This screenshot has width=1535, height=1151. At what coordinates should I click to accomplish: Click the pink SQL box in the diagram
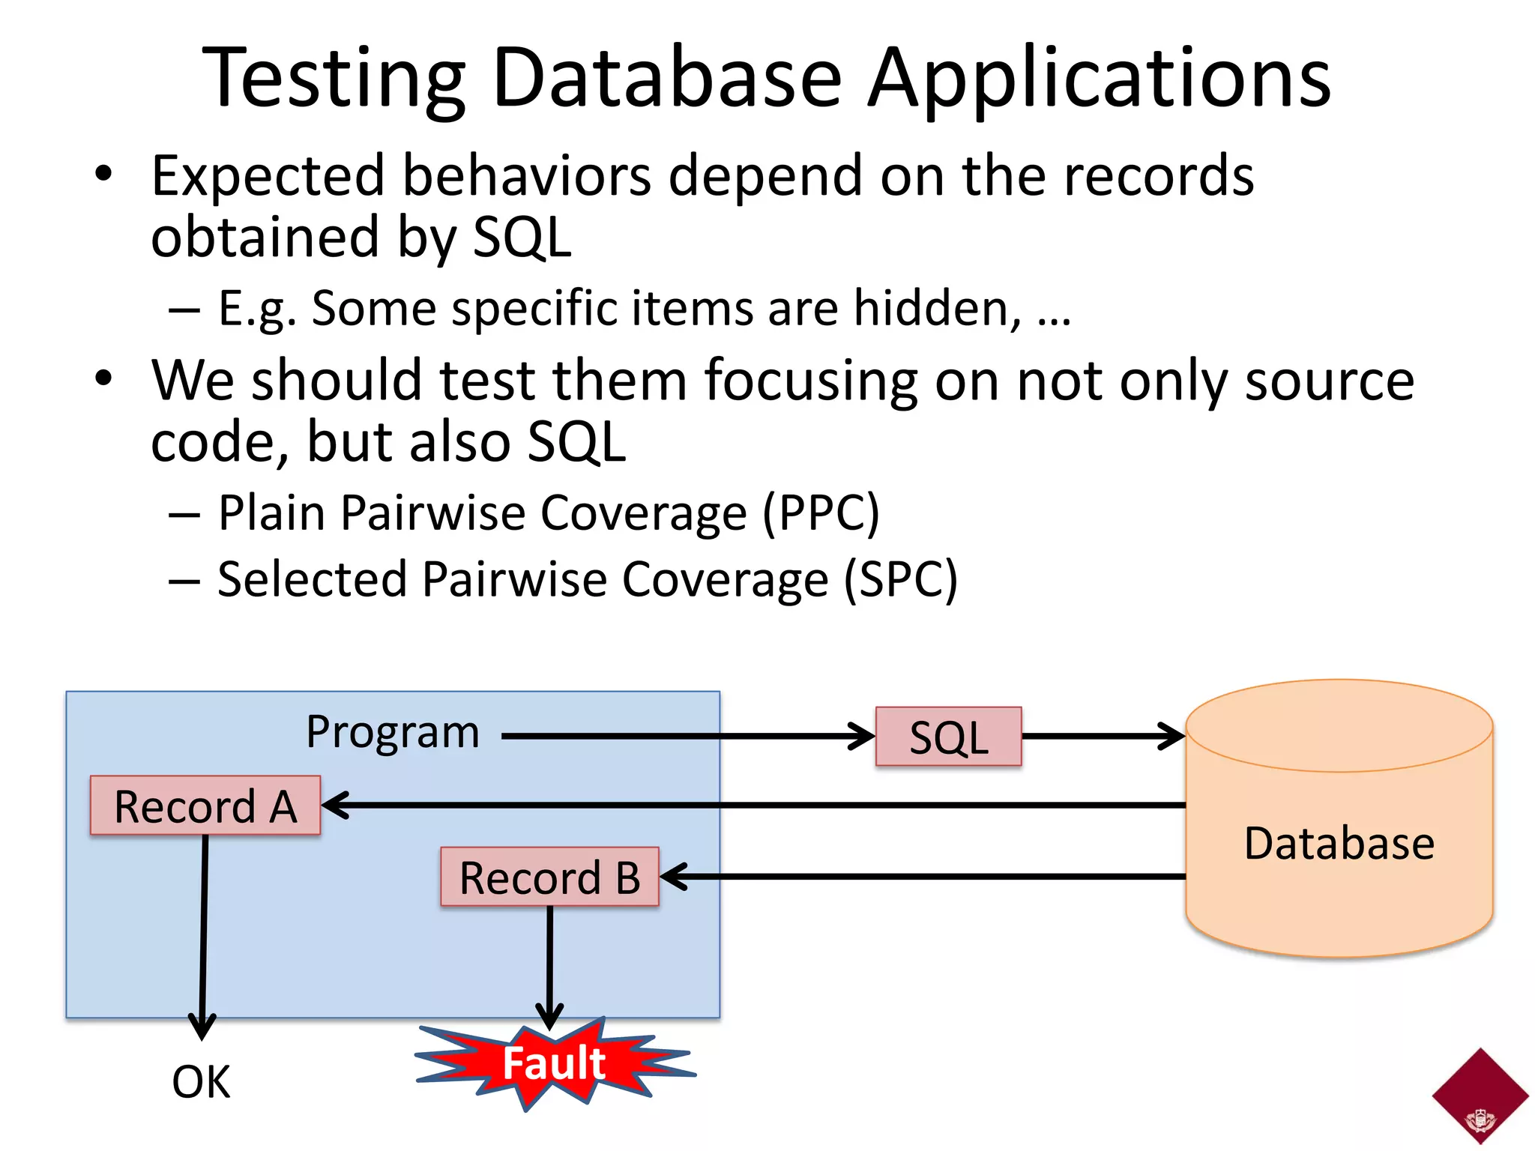pyautogui.click(x=948, y=737)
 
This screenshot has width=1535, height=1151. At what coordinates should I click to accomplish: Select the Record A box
pyautogui.click(x=205, y=806)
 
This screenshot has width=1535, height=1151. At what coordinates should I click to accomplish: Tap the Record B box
pyautogui.click(x=549, y=877)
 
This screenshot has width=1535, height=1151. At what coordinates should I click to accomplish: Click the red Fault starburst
pyautogui.click(x=554, y=1063)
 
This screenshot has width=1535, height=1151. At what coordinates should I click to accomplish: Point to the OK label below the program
pyautogui.click(x=201, y=1082)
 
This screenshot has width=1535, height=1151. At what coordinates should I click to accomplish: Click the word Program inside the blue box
pyautogui.click(x=392, y=732)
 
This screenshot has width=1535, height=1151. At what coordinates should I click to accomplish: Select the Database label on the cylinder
pyautogui.click(x=1339, y=843)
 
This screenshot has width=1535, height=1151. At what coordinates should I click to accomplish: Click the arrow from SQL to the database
pyautogui.click(x=1102, y=736)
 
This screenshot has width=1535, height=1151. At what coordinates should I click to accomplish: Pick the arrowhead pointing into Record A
pyautogui.click(x=336, y=806)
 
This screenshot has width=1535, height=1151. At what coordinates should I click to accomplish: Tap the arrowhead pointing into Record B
pyautogui.click(x=674, y=876)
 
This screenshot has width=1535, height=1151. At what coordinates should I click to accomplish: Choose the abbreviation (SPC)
pyautogui.click(x=900, y=579)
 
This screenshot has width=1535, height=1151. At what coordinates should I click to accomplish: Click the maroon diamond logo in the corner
pyautogui.click(x=1480, y=1096)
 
